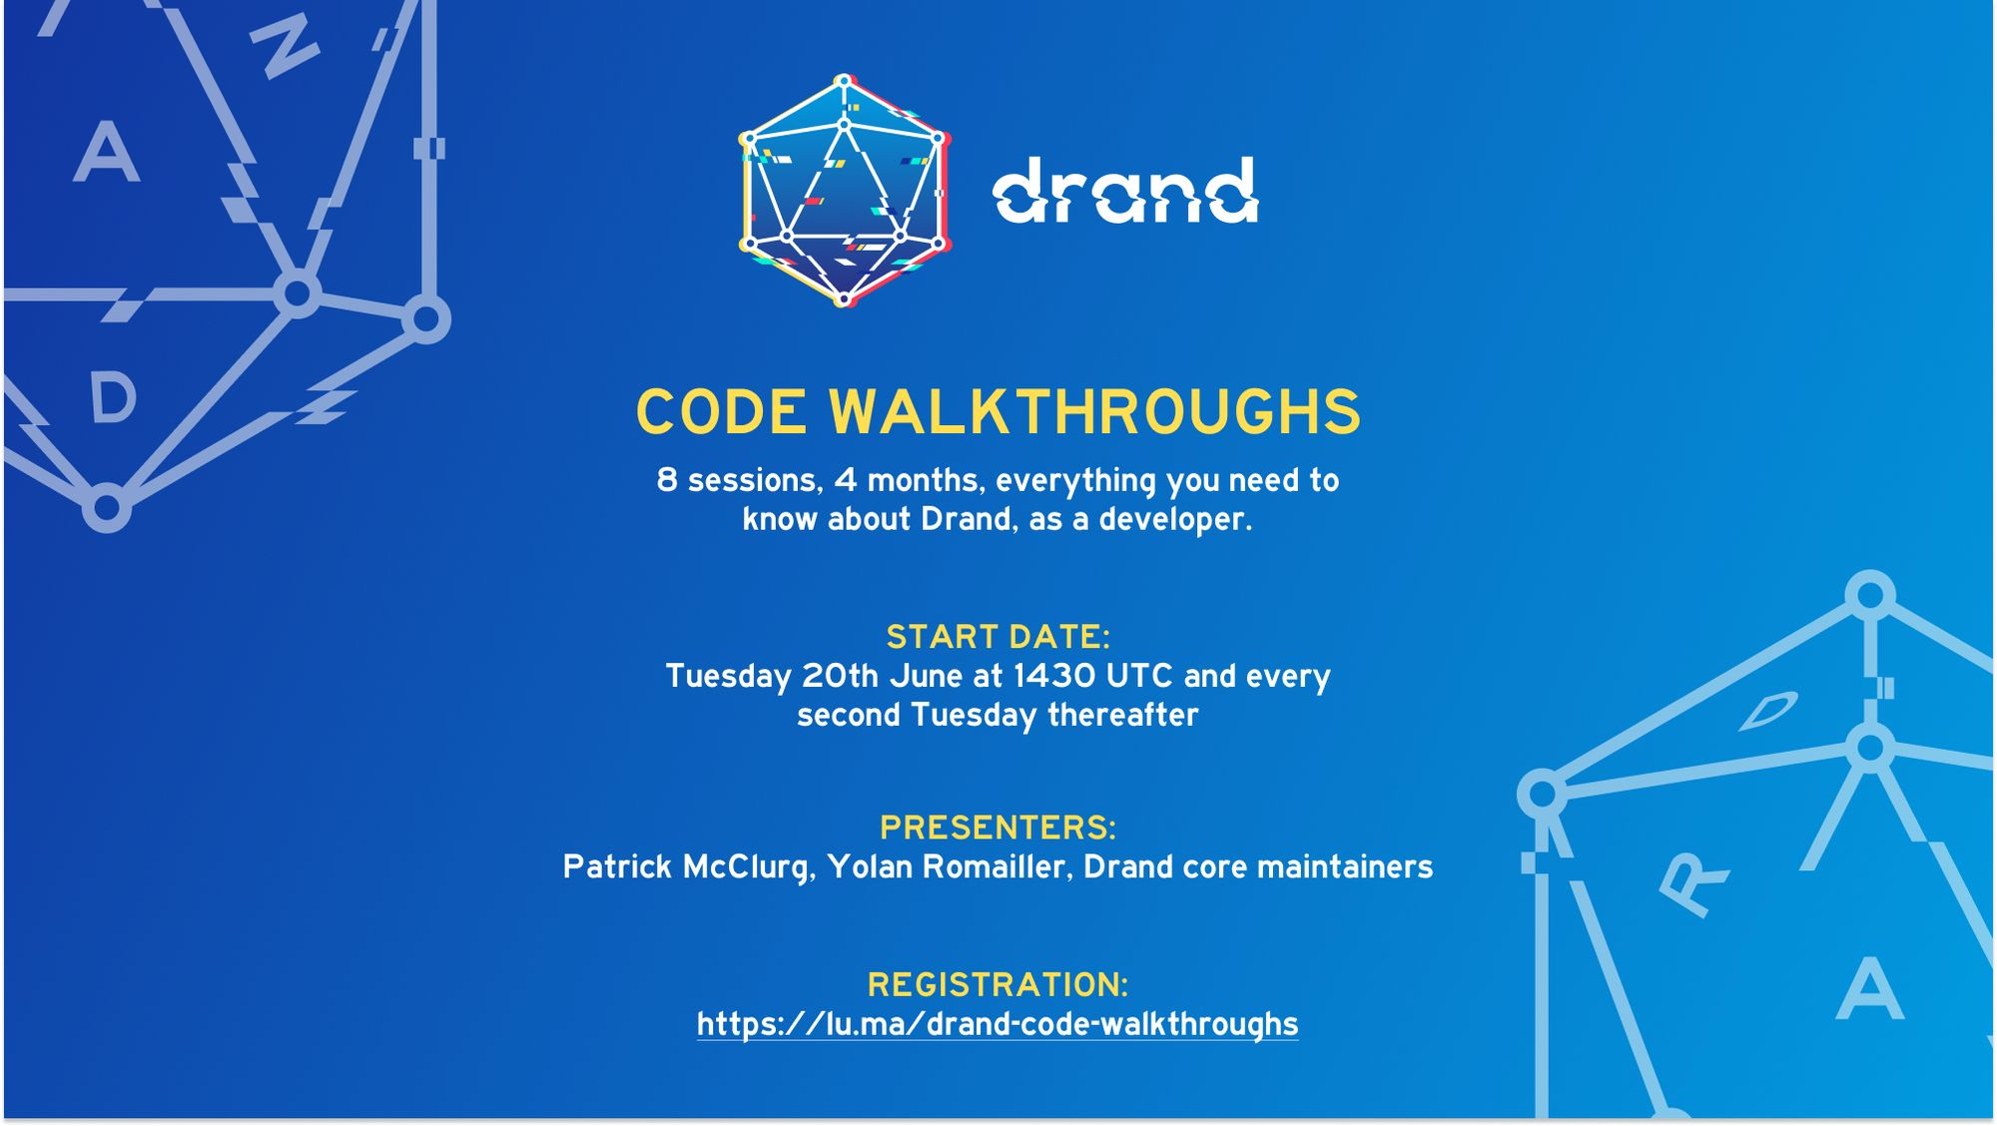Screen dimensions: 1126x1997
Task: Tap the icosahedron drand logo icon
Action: click(844, 190)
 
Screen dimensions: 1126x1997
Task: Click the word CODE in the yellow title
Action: click(721, 412)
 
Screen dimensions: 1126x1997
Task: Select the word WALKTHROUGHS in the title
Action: click(1094, 412)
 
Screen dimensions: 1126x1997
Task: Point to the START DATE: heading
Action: click(998, 637)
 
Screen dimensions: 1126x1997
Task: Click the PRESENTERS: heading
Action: click(998, 828)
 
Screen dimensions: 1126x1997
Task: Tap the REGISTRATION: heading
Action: click(998, 984)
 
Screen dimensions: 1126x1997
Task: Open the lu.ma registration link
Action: click(998, 1024)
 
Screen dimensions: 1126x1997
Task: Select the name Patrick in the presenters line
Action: click(617, 866)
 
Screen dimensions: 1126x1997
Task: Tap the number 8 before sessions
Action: click(667, 480)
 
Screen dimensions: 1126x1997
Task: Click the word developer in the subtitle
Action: click(1174, 519)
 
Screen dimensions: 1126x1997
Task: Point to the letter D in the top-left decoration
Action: click(113, 398)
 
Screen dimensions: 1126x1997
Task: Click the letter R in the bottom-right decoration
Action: click(1692, 882)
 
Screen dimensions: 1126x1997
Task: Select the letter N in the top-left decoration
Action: click(284, 47)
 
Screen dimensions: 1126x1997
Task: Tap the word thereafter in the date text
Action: click(1122, 715)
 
